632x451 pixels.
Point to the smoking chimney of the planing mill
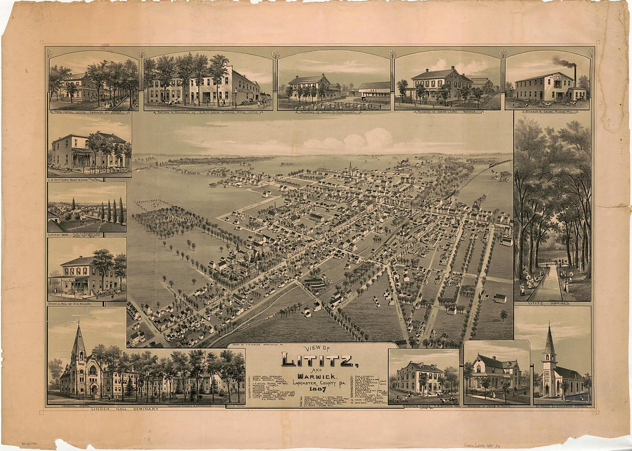(x=575, y=75)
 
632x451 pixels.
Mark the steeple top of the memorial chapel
(x=78, y=325)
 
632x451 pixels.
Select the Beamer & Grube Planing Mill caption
(x=548, y=111)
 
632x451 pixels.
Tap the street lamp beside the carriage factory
(x=235, y=99)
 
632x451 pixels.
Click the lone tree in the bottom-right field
(x=504, y=314)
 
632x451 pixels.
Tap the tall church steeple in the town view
(x=349, y=167)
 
